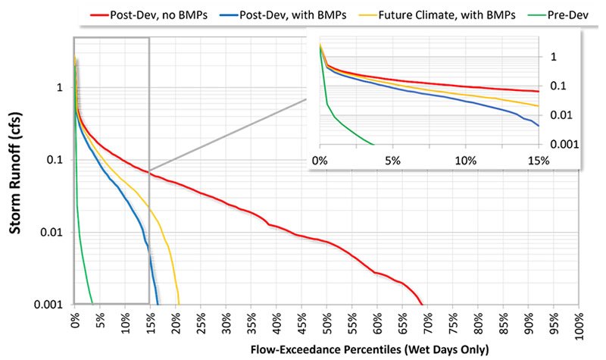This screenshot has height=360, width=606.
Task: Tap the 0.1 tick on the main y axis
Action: tap(58, 160)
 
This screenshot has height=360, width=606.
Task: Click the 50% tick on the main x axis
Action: tap(326, 323)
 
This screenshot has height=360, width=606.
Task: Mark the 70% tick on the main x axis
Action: tap(427, 323)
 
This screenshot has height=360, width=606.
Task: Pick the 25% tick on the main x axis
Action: tap(201, 323)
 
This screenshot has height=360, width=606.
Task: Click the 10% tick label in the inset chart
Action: tap(465, 161)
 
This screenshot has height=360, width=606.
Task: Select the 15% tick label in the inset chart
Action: tap(537, 161)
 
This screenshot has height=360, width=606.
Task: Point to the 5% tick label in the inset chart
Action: tap(392, 161)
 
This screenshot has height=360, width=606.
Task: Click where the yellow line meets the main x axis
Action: tap(179, 305)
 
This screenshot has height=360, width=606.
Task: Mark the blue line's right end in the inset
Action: tap(538, 126)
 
